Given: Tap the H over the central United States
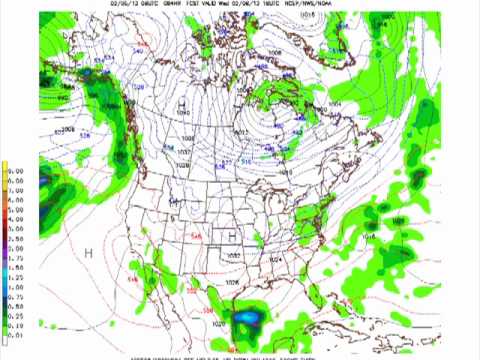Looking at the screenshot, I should pos(232,236).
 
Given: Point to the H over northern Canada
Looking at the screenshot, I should pos(182,103).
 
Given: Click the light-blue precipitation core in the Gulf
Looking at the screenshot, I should pos(247,320).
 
